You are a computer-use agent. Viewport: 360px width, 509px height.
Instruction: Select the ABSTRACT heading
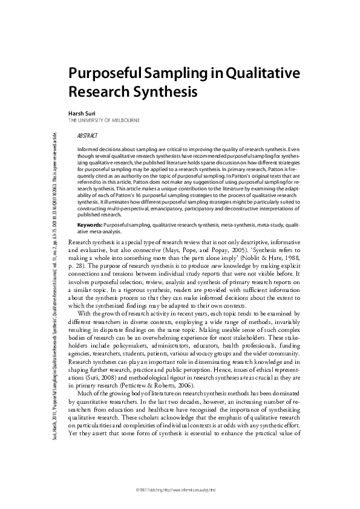88,137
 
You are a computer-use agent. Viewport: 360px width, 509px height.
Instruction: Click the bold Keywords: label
90,224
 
